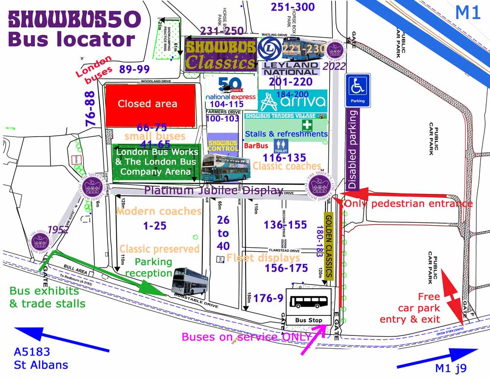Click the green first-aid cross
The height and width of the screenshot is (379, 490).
tap(307, 125)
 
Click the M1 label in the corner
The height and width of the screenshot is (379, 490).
tap(468, 12)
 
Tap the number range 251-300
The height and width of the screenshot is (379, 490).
tap(293, 7)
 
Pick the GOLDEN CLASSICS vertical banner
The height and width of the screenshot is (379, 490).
tap(329, 247)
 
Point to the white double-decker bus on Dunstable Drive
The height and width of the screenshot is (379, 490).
tap(191, 281)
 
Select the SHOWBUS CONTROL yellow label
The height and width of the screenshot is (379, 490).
tap(222, 146)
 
